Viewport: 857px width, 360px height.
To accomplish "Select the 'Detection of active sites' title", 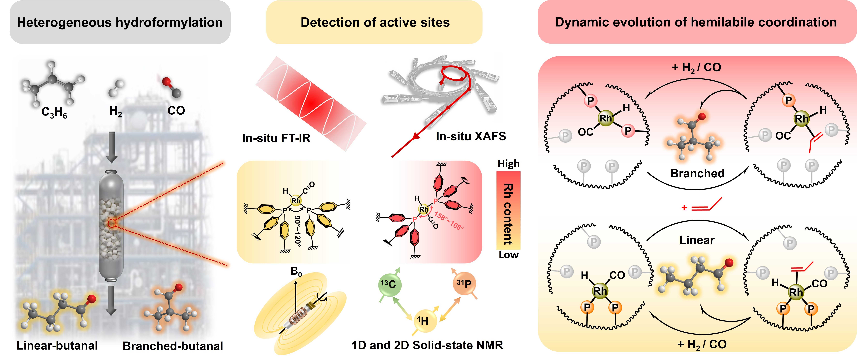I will coord(375,22).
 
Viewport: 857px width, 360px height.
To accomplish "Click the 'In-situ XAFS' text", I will coord(471,136).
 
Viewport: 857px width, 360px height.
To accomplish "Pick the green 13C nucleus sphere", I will coord(388,284).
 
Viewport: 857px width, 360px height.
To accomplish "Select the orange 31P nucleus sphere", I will coord(464,284).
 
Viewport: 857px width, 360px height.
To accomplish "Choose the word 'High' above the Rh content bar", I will coord(508,164).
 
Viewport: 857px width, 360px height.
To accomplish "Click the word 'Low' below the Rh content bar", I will coord(508,255).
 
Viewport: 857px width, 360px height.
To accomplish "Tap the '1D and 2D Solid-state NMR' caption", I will coord(427,345).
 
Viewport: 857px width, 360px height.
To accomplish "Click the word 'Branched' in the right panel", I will coord(697,173).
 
